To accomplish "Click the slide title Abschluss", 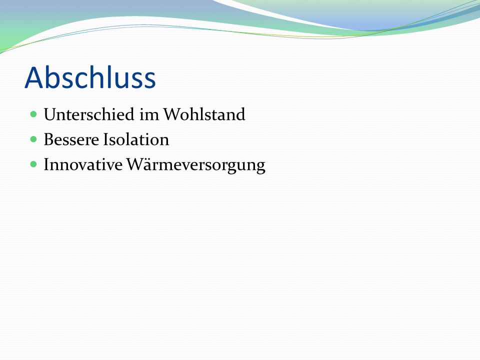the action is [x=90, y=78].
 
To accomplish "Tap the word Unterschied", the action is [x=89, y=114].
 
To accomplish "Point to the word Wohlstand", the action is [x=204, y=114].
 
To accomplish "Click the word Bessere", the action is [x=71, y=139].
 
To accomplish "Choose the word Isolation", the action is [x=136, y=139].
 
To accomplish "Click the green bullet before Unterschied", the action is [x=33, y=114].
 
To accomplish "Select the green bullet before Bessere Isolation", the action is [x=33, y=139].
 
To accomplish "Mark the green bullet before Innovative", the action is [x=33, y=164].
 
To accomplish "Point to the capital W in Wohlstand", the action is [x=173, y=114].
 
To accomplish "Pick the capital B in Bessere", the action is [x=49, y=139].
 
